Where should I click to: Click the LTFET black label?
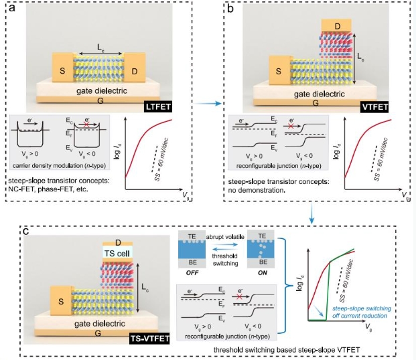161,106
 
